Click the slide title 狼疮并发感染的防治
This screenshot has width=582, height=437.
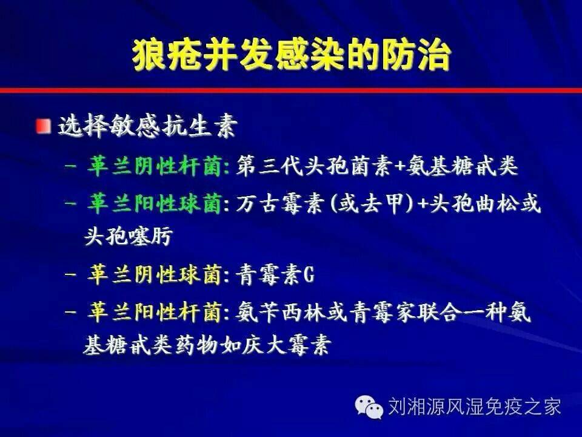[x=292, y=56]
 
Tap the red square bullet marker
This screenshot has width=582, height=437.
[x=44, y=126]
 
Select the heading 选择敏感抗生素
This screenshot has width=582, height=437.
[x=147, y=126]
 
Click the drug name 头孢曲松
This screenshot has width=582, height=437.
[x=472, y=204]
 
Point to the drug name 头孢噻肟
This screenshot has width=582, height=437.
[x=129, y=235]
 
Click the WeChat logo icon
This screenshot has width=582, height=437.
[x=369, y=406]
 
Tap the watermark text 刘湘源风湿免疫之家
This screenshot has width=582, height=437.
[x=474, y=406]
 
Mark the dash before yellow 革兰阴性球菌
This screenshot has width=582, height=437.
[x=70, y=276]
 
